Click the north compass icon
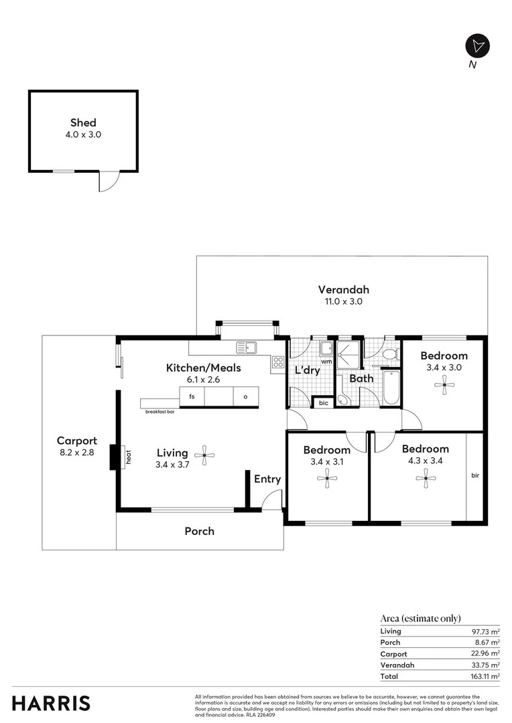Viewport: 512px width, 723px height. (477, 46)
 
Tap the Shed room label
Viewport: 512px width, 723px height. (83, 123)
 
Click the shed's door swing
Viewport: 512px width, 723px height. (108, 181)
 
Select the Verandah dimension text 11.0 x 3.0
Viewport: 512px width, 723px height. (343, 302)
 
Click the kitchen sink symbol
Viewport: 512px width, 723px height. (247, 347)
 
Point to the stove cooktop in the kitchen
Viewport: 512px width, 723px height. (277, 363)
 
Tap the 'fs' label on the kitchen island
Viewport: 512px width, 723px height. (192, 396)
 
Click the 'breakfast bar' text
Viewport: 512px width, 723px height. (160, 412)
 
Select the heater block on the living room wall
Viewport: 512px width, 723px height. (115, 457)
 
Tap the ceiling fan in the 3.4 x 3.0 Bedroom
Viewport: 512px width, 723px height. (444, 385)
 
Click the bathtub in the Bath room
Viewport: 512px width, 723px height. (391, 388)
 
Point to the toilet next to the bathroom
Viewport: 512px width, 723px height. (391, 353)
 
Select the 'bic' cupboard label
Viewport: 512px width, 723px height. (324, 403)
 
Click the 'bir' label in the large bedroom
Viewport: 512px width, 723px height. (475, 475)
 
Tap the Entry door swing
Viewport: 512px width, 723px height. (272, 501)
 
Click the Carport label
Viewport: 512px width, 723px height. (76, 441)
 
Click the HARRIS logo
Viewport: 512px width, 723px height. (51, 704)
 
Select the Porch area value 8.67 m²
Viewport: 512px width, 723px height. (485, 643)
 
